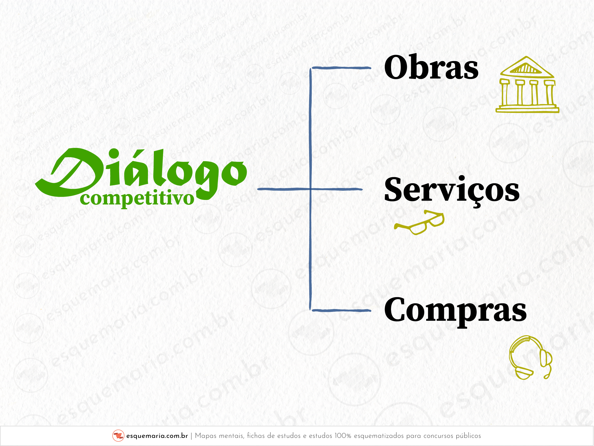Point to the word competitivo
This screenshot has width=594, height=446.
pos(137,199)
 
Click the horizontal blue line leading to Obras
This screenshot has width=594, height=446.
pos(341,68)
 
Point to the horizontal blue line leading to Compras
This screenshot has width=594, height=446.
pos(341,310)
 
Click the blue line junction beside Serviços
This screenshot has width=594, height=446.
pos(310,189)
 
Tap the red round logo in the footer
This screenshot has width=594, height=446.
pos(118,436)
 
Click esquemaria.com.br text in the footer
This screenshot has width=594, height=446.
pos(157,436)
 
